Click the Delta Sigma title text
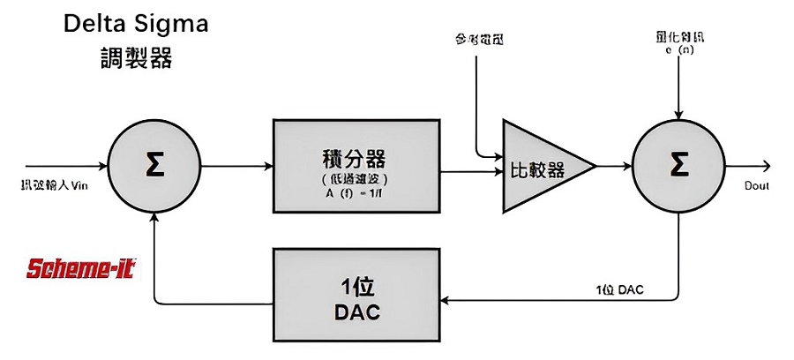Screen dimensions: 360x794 135,24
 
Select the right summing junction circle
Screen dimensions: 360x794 677,166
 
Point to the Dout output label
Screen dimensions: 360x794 757,186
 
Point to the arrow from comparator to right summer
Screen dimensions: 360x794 615,166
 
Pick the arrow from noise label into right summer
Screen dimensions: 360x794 677,88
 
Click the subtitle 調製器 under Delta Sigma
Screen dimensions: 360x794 135,59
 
